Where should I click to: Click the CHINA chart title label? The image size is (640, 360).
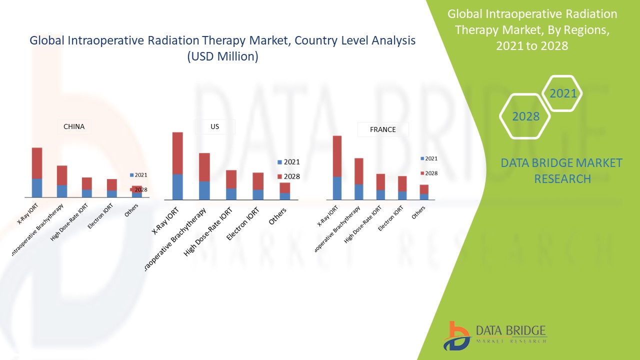tap(74, 126)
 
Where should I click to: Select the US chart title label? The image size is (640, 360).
tap(214, 126)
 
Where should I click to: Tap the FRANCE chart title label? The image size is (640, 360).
tap(382, 129)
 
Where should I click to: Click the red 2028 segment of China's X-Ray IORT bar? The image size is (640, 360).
tap(37, 163)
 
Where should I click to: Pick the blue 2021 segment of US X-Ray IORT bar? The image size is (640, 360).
tap(177, 187)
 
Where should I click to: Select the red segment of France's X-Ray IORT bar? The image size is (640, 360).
tap(337, 156)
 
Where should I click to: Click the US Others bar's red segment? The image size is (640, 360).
tap(284, 187)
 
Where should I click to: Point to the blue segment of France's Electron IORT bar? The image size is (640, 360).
tap(402, 195)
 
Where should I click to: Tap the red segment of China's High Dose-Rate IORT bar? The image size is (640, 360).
tap(87, 183)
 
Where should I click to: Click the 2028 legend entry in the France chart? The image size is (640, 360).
tap(428, 173)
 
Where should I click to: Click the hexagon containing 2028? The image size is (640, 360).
tap(525, 116)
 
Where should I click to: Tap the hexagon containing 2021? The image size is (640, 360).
tap(563, 93)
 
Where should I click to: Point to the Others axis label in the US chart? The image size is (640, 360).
tap(278, 215)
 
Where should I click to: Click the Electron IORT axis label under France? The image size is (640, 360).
tap(390, 218)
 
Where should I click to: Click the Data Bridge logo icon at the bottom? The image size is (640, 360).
tap(456, 335)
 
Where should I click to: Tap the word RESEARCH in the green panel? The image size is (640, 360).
tap(562, 178)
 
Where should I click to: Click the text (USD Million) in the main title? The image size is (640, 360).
tap(222, 56)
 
